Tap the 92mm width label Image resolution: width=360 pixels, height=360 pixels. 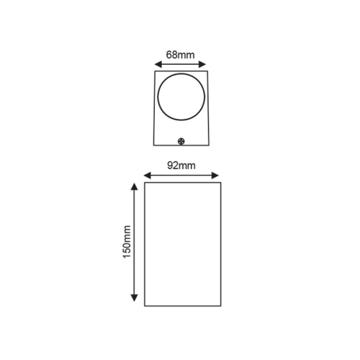point(181,165)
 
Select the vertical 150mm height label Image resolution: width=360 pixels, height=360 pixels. point(127,242)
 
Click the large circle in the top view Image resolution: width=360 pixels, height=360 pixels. point(181,96)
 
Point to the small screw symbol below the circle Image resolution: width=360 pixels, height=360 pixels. point(181,141)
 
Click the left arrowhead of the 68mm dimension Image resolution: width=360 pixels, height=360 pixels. point(158,62)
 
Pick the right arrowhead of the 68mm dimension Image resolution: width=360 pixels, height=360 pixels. point(205,62)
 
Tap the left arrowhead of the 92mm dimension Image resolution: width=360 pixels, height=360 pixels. point(145,174)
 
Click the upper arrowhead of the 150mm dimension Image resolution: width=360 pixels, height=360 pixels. point(135,185)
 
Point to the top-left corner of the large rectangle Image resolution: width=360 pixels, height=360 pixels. point(145,182)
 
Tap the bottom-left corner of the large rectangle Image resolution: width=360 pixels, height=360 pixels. point(145,306)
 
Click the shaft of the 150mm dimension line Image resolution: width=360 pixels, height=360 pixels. point(135,216)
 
